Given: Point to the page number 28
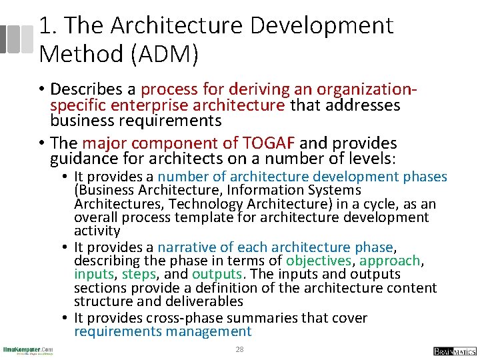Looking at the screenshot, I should (239, 350).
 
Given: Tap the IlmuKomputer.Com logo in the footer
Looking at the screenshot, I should (27, 350).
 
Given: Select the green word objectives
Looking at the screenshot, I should (319, 260).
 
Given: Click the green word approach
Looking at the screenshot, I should (390, 260).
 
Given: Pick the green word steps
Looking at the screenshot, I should (138, 274).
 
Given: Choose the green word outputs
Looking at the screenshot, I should (216, 274).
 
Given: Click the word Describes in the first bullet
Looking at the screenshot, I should (93, 89).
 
